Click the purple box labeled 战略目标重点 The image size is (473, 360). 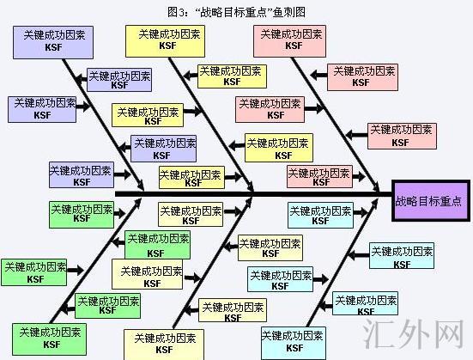point(429,202)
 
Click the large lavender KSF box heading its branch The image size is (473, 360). point(53,40)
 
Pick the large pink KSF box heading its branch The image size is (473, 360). point(289,40)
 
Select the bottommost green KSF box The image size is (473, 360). point(48,336)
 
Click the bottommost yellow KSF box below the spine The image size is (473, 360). point(159,343)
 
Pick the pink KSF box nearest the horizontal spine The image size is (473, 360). point(319,178)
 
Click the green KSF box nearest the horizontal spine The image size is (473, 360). point(82,213)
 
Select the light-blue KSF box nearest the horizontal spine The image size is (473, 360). point(319,213)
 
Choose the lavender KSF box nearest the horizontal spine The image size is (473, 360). point(81,175)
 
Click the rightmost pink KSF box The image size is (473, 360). point(400,134)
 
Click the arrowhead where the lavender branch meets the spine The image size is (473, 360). point(142,186)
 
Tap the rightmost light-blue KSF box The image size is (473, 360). point(401,255)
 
